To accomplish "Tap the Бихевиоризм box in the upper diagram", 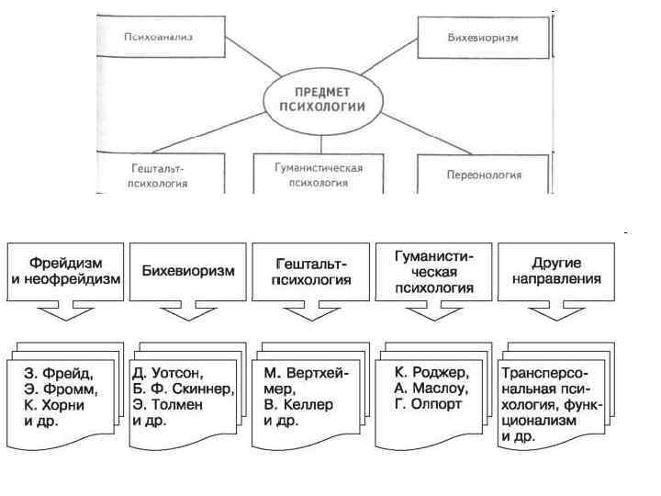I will tap(483, 39).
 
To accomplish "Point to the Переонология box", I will tap(483, 175).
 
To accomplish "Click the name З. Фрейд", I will tap(56, 374).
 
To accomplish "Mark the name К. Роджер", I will tap(431, 374).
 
